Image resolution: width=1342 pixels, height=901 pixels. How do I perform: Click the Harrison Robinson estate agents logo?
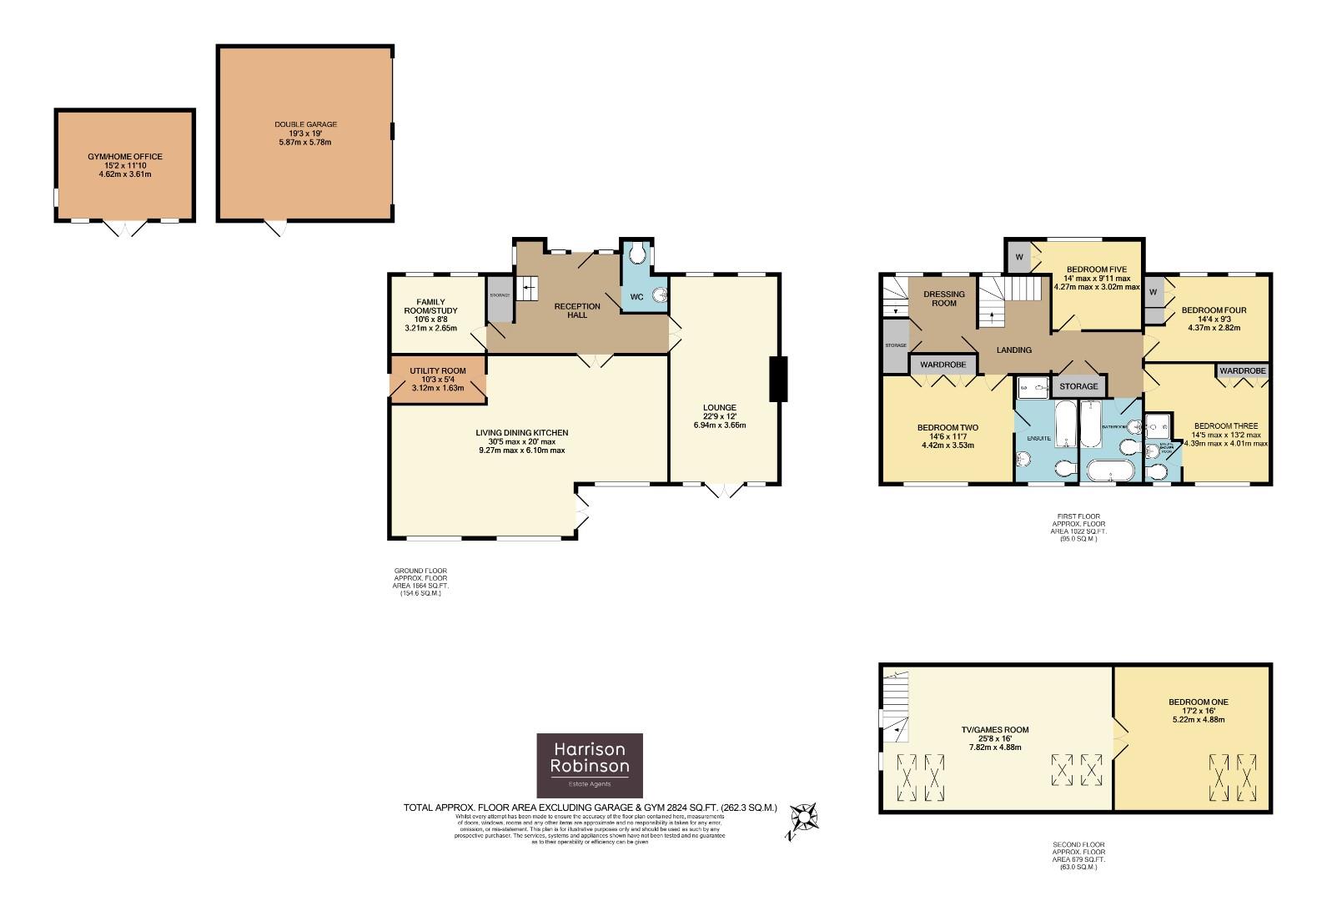tap(590, 765)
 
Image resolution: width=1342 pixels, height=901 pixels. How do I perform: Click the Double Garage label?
tap(305, 133)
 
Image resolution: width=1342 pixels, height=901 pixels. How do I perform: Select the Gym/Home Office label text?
tap(125, 165)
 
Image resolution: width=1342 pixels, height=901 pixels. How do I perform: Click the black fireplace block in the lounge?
tap(777, 380)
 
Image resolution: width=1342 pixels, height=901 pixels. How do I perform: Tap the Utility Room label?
tap(438, 379)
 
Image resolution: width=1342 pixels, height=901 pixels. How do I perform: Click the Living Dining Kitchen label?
tap(521, 441)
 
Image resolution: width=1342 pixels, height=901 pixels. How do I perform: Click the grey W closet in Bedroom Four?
tap(1154, 292)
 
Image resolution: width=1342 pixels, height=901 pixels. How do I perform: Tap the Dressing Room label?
tap(943, 298)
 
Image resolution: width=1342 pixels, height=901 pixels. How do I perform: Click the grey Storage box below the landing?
tap(1078, 386)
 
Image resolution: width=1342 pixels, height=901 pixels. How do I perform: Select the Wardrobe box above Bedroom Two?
tap(942, 365)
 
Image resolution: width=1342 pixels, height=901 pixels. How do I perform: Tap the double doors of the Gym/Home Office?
tap(124, 227)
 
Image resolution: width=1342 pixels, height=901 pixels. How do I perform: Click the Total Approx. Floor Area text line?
tap(590, 808)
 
